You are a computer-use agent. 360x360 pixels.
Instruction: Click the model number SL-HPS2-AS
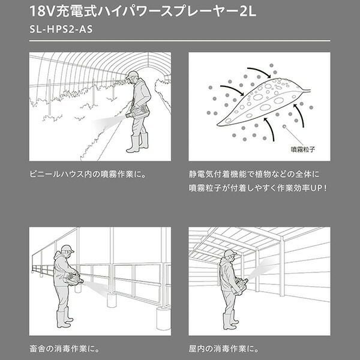(61, 29)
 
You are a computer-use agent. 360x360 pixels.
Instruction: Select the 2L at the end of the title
(247, 11)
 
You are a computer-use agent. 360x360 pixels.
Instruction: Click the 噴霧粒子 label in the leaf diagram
(303, 149)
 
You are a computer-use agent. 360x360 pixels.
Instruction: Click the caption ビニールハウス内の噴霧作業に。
(88, 174)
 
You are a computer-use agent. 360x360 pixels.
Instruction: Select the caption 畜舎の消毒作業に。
(65, 349)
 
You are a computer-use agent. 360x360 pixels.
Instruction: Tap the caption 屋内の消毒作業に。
(224, 349)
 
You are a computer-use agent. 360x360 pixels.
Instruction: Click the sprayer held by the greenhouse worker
(137, 113)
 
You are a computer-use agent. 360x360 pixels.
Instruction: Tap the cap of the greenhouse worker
(132, 75)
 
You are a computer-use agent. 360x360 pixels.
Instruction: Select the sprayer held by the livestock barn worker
(74, 280)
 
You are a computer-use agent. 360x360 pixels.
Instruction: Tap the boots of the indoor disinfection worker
(230, 320)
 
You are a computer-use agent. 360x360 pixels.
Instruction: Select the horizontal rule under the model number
(180, 41)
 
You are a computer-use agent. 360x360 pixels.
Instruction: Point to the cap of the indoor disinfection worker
(230, 253)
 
